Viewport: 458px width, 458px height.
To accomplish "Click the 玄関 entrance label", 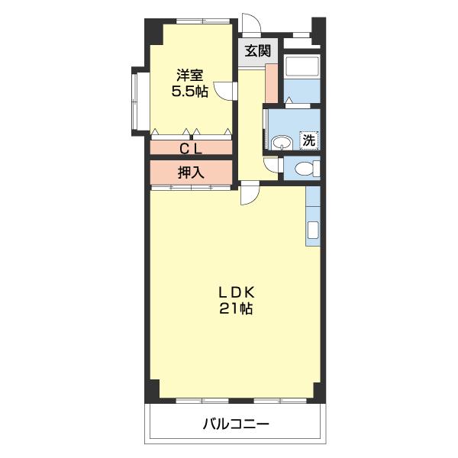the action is (x=258, y=51).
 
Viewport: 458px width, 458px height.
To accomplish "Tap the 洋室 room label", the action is (x=189, y=75).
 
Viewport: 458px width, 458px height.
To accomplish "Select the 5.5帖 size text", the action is (x=189, y=92).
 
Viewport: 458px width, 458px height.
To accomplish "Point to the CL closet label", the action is (x=190, y=150).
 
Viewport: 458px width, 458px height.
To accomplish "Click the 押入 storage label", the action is (x=191, y=173).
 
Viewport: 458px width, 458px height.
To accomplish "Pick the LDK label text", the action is (x=237, y=292).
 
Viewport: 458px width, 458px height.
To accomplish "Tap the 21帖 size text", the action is (x=236, y=308).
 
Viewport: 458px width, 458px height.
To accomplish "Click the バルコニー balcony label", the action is (x=236, y=424).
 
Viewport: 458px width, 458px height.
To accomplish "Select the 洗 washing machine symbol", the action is (x=308, y=140).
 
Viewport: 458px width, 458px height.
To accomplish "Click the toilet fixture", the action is (x=308, y=169).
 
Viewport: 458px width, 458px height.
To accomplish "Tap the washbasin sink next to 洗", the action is (x=282, y=143).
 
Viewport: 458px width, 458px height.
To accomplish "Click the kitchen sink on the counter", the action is (x=313, y=231).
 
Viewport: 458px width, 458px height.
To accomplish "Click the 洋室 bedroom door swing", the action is (x=224, y=91).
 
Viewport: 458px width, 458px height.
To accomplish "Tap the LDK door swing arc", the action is (x=250, y=193).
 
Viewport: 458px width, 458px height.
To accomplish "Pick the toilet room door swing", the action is (x=271, y=165).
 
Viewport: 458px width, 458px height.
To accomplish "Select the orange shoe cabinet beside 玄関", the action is (x=272, y=83).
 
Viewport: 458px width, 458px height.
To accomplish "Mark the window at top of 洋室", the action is (x=203, y=21).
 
